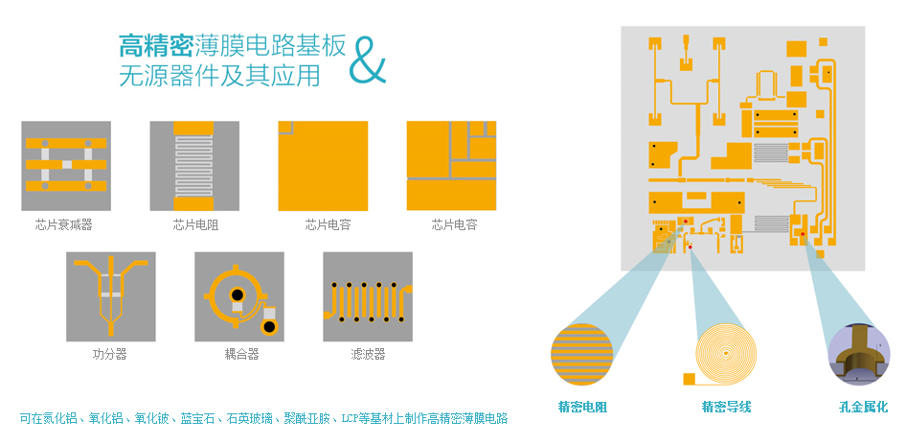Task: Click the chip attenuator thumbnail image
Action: click(x=66, y=165)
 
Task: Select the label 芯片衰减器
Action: click(x=64, y=224)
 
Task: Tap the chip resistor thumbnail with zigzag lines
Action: click(x=194, y=165)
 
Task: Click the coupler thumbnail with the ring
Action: click(x=238, y=296)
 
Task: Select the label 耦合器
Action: click(x=241, y=354)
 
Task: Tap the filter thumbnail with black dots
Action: click(x=368, y=296)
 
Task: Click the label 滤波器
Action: click(x=368, y=354)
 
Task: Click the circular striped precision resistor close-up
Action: click(x=581, y=356)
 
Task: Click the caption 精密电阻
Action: click(x=582, y=407)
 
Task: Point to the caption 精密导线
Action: click(x=726, y=407)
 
